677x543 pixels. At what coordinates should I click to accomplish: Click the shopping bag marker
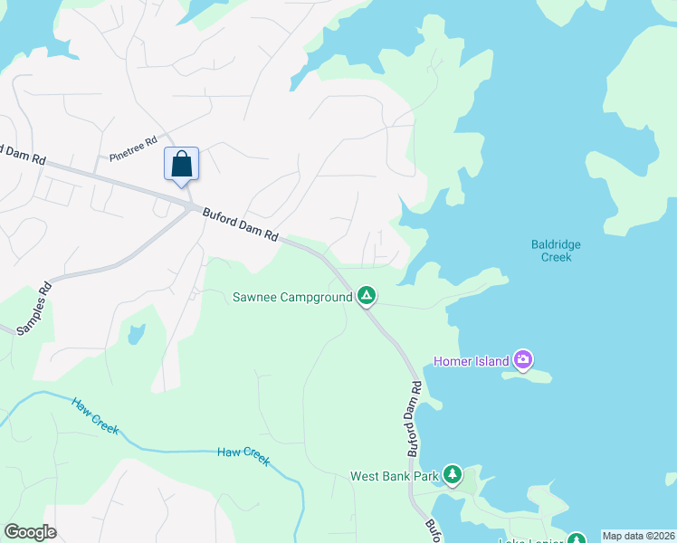coord(181,164)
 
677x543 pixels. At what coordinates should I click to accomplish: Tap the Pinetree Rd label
coord(133,149)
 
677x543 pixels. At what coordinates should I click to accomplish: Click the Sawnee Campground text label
coord(291,297)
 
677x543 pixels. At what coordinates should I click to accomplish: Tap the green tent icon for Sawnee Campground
coord(367,295)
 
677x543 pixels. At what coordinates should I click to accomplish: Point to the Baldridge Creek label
coord(556,251)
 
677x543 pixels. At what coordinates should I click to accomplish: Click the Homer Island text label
coord(472,361)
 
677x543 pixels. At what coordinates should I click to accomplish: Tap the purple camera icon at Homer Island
coord(523,360)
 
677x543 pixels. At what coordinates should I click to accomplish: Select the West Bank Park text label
coord(394,476)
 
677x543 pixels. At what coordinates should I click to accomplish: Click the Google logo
coord(30,532)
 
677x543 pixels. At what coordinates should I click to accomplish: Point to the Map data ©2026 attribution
coord(639,536)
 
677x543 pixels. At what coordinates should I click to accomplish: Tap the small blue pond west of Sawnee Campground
coord(136,335)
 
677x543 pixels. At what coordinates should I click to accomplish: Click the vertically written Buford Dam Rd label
coord(414,418)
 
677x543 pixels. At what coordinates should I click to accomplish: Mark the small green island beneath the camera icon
coord(527,375)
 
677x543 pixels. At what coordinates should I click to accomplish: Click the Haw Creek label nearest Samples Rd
coord(95,416)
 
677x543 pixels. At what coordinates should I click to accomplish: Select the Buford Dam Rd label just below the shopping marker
coord(240,224)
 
